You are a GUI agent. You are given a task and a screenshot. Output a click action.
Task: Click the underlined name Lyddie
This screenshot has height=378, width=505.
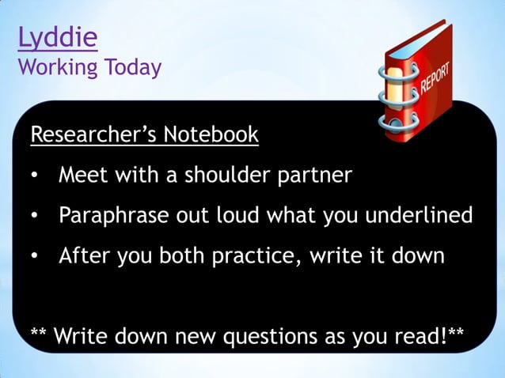(x=57, y=38)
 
